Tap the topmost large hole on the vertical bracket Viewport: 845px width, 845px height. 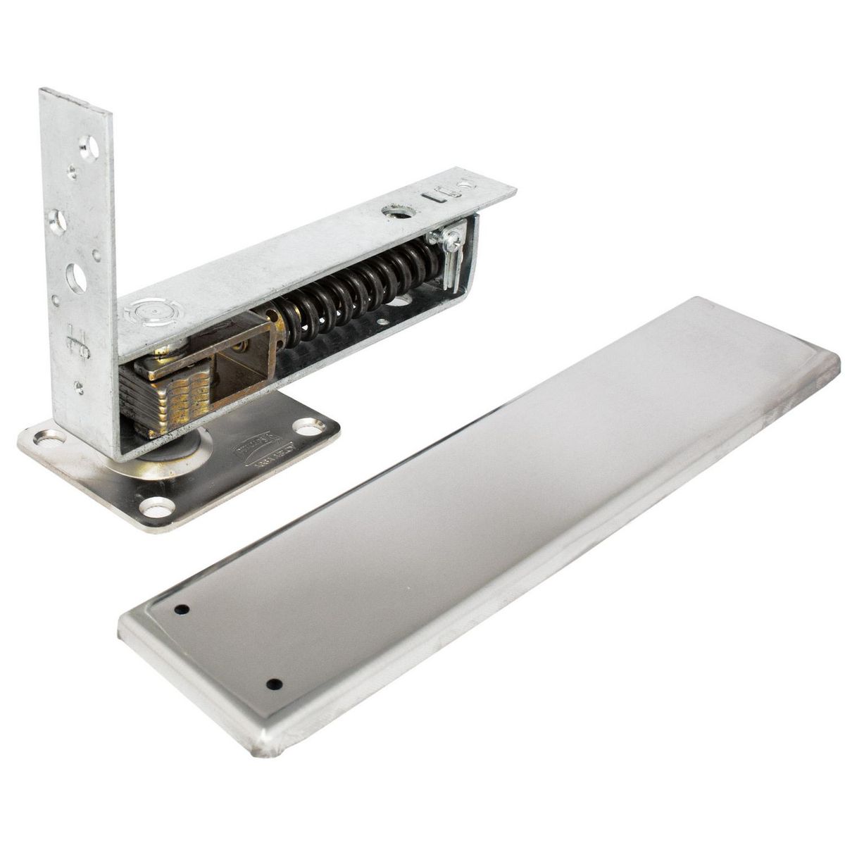click(89, 147)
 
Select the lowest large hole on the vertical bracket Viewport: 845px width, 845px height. click(76, 277)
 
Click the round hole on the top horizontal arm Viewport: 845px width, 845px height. click(392, 210)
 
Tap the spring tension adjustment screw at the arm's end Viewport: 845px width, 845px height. click(449, 242)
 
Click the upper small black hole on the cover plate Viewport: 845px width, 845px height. click(182, 609)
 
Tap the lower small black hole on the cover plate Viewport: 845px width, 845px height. click(274, 684)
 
